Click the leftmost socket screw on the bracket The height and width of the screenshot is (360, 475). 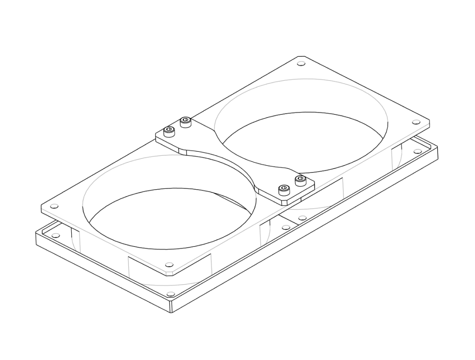click(169, 130)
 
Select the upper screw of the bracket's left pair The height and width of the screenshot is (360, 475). click(186, 121)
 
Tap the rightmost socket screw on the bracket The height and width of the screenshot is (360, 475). click(300, 180)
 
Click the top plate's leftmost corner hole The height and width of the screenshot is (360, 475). click(55, 206)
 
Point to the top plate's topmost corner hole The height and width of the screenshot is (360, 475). click(301, 64)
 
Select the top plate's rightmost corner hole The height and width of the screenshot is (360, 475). click(416, 122)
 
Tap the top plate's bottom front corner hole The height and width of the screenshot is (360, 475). click(169, 265)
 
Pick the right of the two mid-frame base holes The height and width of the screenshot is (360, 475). click(302, 218)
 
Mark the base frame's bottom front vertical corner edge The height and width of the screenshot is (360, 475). click(172, 307)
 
